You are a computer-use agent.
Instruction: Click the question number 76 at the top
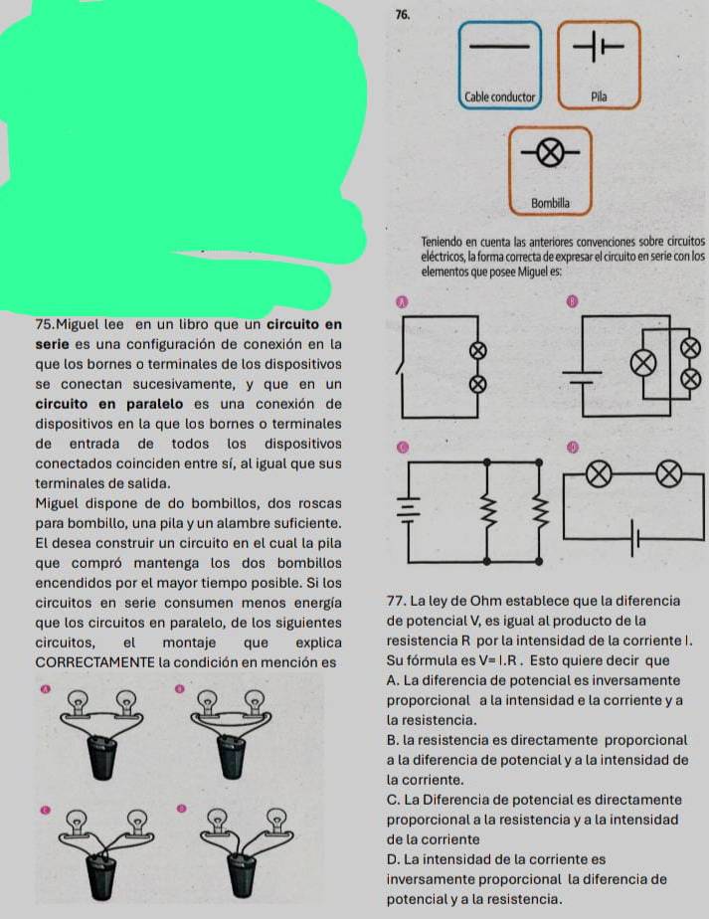tap(402, 15)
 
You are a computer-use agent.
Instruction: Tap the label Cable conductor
tap(500, 96)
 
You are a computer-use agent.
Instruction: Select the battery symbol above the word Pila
tap(598, 46)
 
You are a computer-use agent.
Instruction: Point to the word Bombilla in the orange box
tap(551, 202)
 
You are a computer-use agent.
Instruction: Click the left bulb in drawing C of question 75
tap(73, 823)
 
